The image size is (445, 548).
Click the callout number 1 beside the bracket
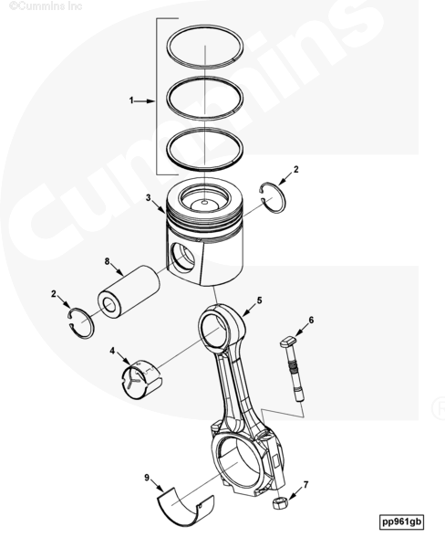point(131,100)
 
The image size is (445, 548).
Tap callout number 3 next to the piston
point(149,198)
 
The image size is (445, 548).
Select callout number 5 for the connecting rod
point(259,300)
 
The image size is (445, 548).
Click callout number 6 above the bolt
point(311,320)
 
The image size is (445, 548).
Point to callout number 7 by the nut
point(306,485)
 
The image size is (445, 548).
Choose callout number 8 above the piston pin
point(108,261)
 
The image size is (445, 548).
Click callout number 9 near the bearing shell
point(147,478)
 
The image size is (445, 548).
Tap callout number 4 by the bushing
point(112,351)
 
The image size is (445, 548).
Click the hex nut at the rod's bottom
point(280,502)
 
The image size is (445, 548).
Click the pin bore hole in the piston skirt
point(183,257)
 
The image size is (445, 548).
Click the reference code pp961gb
point(401,522)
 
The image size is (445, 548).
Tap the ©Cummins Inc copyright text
point(46,5)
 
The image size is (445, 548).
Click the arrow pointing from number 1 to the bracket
point(144,101)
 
